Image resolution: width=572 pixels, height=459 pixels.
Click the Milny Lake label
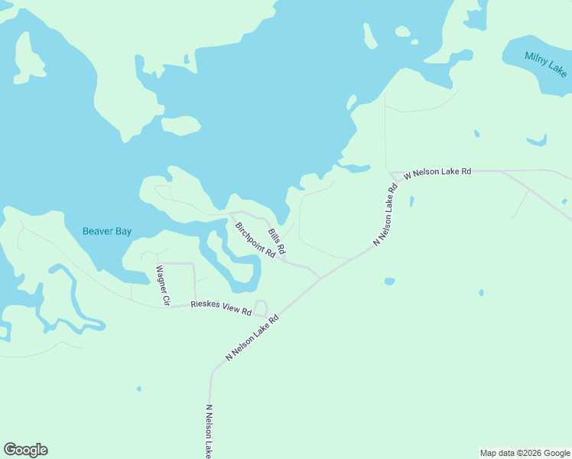tap(546, 63)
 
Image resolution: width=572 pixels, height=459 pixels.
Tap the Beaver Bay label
tap(107, 231)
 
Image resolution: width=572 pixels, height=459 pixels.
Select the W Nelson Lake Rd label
tap(437, 172)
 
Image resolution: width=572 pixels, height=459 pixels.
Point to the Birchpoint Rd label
tap(255, 239)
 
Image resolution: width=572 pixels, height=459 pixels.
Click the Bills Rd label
tap(276, 241)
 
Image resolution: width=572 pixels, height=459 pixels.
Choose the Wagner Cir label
tap(161, 285)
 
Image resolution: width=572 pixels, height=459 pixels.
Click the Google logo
tap(26, 450)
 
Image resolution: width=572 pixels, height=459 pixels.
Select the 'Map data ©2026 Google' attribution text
tap(525, 453)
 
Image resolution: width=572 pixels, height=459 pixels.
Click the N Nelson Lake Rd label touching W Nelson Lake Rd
tap(386, 214)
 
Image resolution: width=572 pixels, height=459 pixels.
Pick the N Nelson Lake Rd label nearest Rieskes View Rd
tap(253, 336)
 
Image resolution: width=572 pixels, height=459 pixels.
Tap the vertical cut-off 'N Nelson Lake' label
tap(208, 432)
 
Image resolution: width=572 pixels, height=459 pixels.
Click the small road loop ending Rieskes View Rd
tap(261, 308)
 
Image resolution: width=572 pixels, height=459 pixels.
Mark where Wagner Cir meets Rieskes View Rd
tap(167, 308)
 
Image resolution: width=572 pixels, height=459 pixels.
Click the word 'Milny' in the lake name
tap(535, 58)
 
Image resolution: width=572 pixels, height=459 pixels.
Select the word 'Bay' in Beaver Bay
tap(122, 231)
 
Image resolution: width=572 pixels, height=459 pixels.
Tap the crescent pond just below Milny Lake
tap(538, 141)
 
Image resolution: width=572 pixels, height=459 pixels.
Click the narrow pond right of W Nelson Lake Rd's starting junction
tap(411, 201)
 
